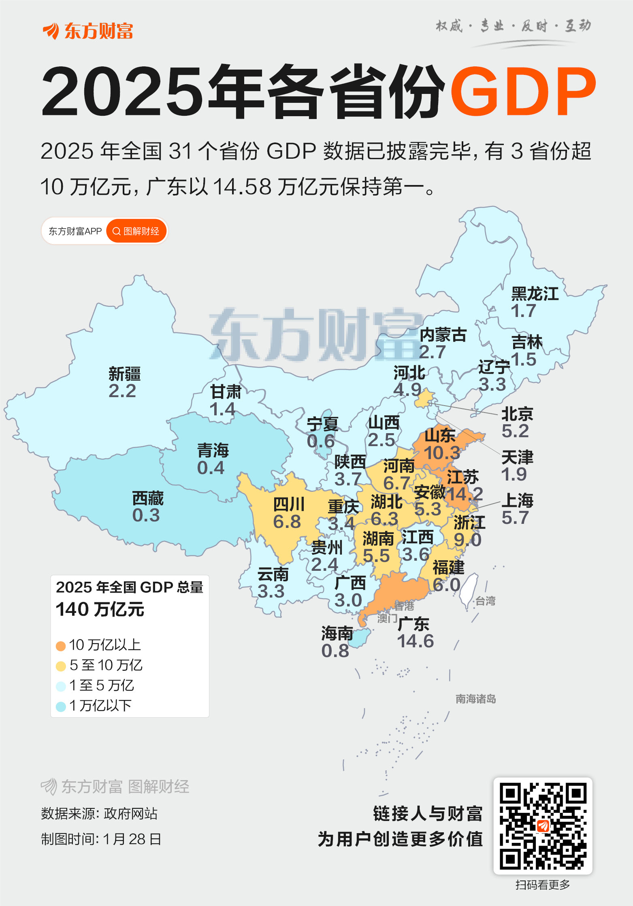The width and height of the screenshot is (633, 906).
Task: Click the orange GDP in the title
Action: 522,91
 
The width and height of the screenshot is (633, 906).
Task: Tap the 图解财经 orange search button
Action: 136,231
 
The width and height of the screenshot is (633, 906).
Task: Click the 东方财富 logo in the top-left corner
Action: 88,32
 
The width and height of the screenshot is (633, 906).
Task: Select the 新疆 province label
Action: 124,374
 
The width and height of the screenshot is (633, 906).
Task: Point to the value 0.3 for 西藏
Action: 146,515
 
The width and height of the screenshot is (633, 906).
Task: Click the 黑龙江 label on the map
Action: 535,294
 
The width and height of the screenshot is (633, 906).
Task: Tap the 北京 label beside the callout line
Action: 517,414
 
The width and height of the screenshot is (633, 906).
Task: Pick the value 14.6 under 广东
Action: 415,641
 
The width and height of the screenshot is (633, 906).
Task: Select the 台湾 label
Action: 485,601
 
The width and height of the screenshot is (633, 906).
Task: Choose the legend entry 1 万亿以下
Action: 100,706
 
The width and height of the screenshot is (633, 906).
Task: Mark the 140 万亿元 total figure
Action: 100,609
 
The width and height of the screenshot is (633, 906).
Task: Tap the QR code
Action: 543,826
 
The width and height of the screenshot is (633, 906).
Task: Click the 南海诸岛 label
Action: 475,699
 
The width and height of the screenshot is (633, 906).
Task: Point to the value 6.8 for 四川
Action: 287,522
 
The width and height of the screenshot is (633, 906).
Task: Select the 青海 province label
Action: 213,450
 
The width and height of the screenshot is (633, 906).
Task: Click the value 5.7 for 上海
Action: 515,518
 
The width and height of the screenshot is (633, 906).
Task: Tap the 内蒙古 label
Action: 443,335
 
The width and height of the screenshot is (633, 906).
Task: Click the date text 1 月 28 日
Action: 132,839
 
